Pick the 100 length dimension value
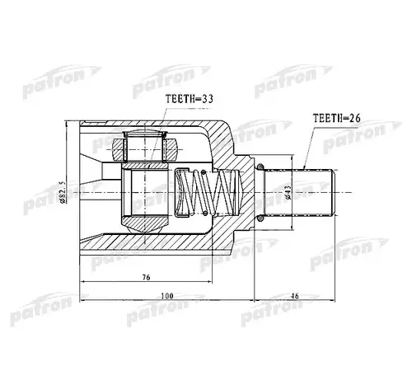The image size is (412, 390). pyautogui.click(x=167, y=294)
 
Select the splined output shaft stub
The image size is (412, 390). pyautogui.click(x=309, y=193)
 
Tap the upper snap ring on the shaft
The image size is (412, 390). pyautogui.click(x=260, y=168)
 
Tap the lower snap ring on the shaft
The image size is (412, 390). pyautogui.click(x=260, y=218)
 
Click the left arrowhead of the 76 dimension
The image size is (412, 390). pyautogui.click(x=83, y=284)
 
